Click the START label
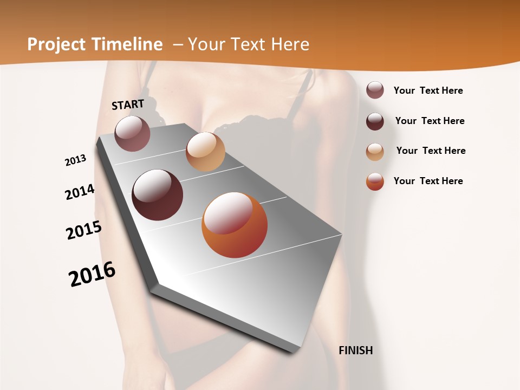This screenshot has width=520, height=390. [128, 105]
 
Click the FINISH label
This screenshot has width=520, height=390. [356, 350]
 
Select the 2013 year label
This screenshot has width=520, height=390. [75, 160]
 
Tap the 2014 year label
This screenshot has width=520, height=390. [80, 192]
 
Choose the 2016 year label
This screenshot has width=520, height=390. [92, 274]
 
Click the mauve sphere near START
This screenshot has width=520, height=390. [132, 133]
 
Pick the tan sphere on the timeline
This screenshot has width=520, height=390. [205, 152]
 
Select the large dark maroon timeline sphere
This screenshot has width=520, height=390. [157, 195]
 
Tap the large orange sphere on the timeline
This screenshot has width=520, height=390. [235, 225]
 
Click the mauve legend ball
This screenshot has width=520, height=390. [375, 90]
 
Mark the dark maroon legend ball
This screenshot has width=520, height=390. [375, 121]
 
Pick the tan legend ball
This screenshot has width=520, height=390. [375, 151]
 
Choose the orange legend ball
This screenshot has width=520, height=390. [375, 181]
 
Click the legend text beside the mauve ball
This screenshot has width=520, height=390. [428, 90]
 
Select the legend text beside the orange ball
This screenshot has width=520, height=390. [428, 181]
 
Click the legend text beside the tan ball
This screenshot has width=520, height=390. [431, 151]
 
